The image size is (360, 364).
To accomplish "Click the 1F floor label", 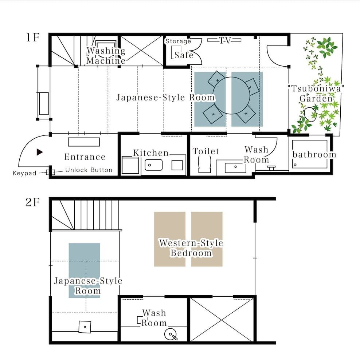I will pyautogui.click(x=32, y=38).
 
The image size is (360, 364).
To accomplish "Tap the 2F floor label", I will pyautogui.click(x=32, y=202).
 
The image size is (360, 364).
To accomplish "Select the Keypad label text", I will pyautogui.click(x=24, y=173).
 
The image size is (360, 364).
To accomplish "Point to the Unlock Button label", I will pyautogui.click(x=89, y=170).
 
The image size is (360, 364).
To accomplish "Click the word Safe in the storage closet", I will pyautogui.click(x=184, y=55).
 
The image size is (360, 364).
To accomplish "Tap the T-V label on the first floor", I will pyautogui.click(x=225, y=40).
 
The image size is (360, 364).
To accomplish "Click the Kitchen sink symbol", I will pyautogui.click(x=153, y=165).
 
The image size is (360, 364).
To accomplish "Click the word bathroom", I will pyautogui.click(x=314, y=154).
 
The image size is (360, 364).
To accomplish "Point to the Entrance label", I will pyautogui.click(x=85, y=157).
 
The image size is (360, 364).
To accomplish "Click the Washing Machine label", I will pyautogui.click(x=106, y=55).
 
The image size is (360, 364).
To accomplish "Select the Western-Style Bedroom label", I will pyautogui.click(x=191, y=248).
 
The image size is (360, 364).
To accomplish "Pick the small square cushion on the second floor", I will pyautogui.click(x=85, y=327).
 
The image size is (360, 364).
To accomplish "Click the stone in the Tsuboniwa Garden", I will pyautogui.click(x=311, y=113).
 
